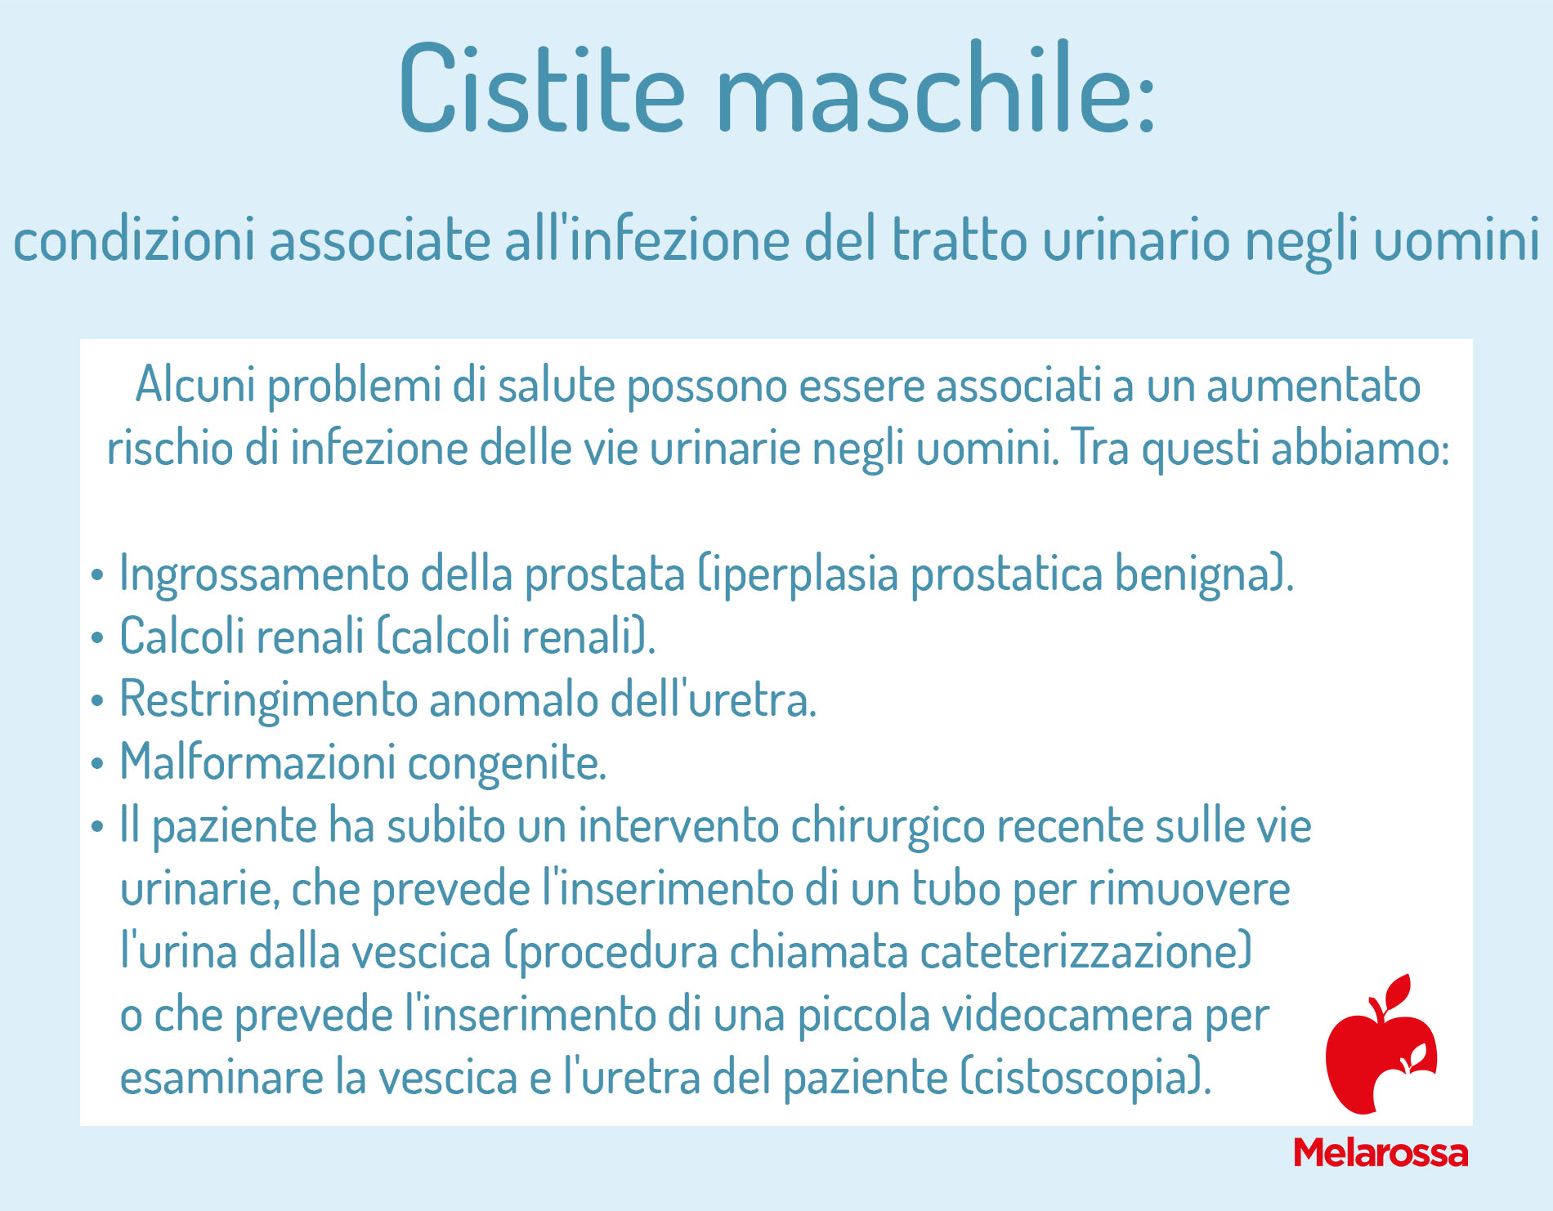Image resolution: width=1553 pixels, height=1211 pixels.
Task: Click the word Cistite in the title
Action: tap(542, 88)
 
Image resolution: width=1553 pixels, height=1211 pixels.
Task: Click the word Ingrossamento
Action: tap(264, 574)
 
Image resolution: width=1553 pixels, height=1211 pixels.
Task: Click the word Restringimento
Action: tap(269, 700)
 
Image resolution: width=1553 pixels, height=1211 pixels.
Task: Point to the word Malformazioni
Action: tap(257, 762)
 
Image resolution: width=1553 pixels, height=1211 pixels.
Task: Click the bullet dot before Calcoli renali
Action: tap(97, 637)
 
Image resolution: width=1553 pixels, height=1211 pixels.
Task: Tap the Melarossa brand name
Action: tap(1381, 1152)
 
